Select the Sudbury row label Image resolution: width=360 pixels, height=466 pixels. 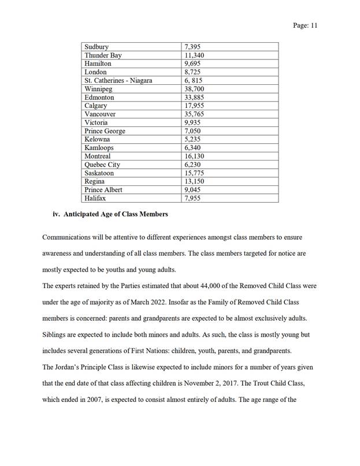pyautogui.click(x=97, y=47)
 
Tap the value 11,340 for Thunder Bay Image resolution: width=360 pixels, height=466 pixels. pyautogui.click(x=194, y=55)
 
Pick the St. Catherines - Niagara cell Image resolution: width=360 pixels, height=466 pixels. pyautogui.click(x=118, y=81)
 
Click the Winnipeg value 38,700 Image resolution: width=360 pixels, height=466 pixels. pyautogui.click(x=194, y=90)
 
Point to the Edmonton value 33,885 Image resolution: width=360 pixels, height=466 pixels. pyautogui.click(x=194, y=98)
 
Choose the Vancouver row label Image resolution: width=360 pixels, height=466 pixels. pyautogui.click(x=100, y=114)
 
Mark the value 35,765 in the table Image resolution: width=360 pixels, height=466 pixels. pyautogui.click(x=194, y=114)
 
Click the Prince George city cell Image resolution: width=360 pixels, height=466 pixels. pyautogui.click(x=105, y=131)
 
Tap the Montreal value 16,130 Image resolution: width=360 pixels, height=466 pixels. pyautogui.click(x=194, y=156)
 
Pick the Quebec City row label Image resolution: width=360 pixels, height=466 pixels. pyautogui.click(x=102, y=165)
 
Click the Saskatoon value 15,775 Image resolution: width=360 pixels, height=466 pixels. pyautogui.click(x=194, y=173)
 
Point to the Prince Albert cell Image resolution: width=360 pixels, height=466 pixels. pyautogui.click(x=103, y=190)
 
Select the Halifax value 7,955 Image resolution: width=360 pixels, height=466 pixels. pyautogui.click(x=192, y=198)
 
